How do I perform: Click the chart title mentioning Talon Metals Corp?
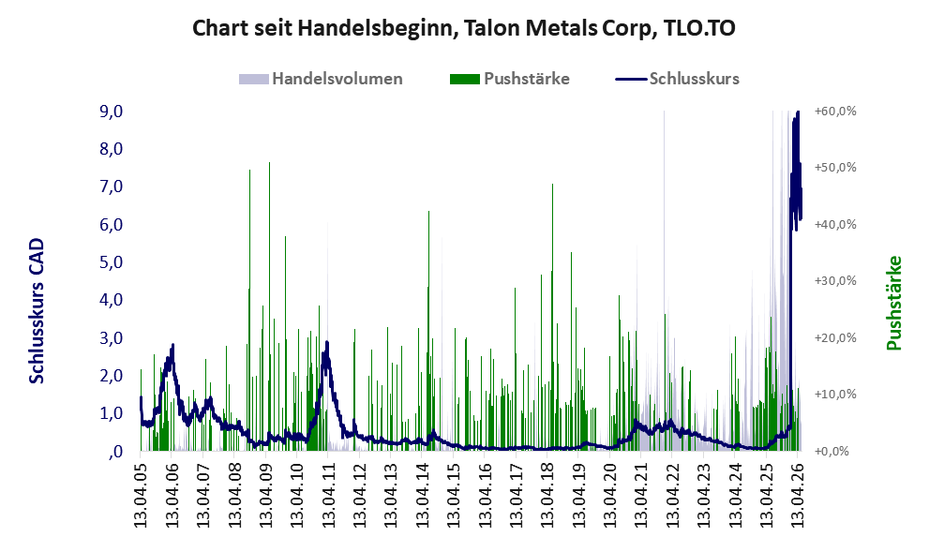tap(464, 28)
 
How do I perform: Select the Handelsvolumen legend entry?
tap(321, 79)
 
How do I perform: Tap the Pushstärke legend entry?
tap(510, 79)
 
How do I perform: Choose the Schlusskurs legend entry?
tap(677, 79)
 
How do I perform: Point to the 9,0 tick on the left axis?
tap(111, 111)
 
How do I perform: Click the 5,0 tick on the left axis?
tap(111, 261)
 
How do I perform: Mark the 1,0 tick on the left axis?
tap(111, 412)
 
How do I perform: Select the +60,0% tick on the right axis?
tap(835, 111)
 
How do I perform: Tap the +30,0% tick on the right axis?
tap(835, 281)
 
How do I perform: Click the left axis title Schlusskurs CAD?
tap(37, 311)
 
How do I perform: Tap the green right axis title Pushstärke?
tap(894, 303)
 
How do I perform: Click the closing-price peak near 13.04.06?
tap(172, 344)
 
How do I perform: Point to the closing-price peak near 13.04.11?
tap(326, 342)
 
